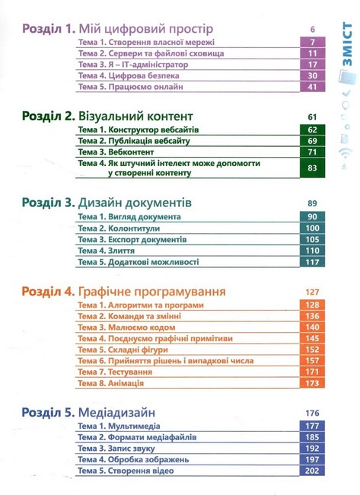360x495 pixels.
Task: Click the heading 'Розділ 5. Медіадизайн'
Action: coord(99,412)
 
